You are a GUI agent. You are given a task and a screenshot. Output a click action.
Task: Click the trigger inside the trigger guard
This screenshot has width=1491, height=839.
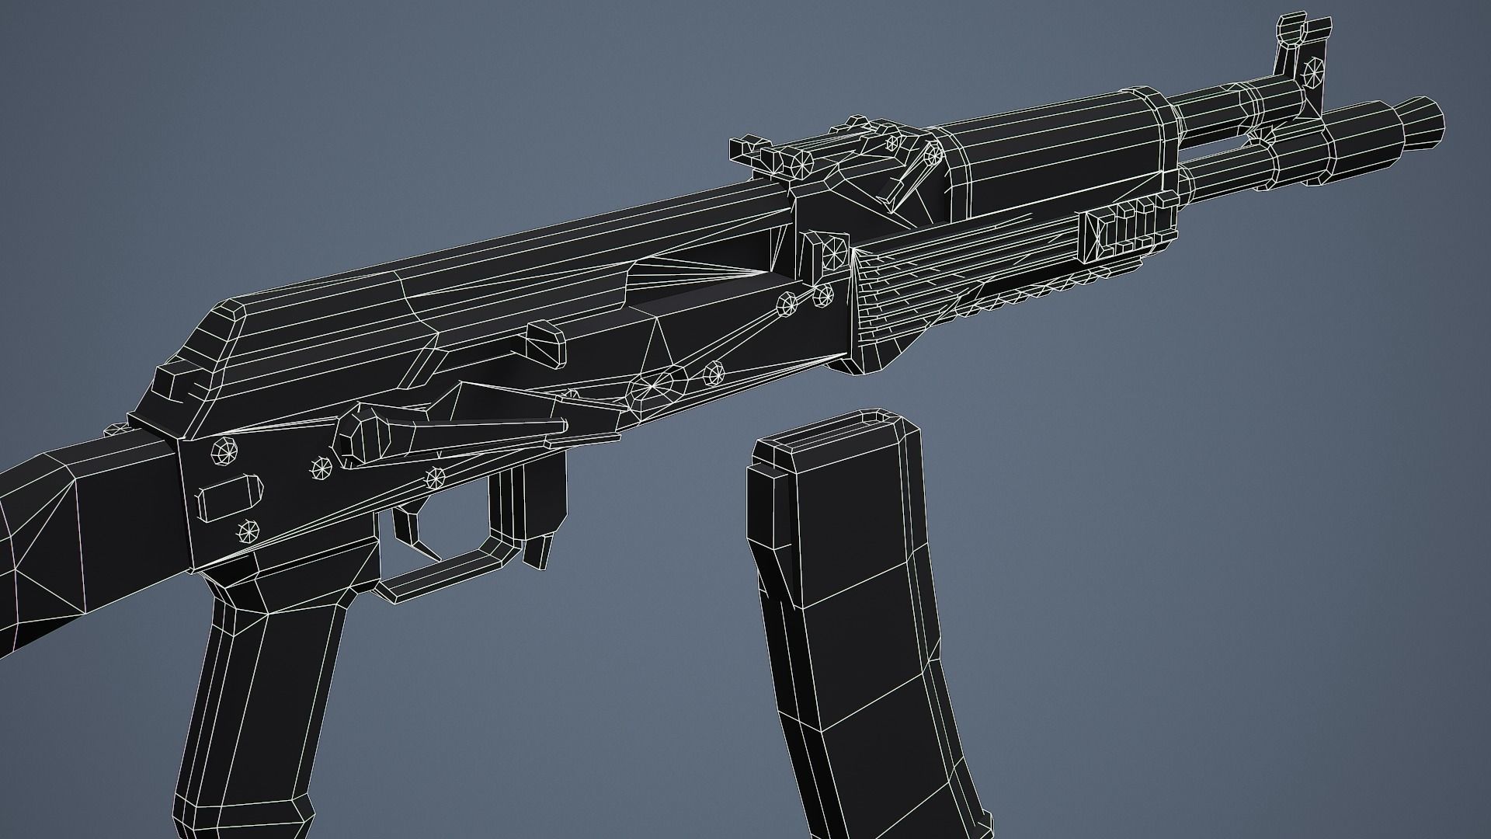pos(412,531)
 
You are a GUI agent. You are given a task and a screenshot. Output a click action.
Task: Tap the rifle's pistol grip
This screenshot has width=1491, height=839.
pos(264,699)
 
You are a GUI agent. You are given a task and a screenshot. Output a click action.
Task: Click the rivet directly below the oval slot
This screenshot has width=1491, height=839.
pos(248,531)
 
